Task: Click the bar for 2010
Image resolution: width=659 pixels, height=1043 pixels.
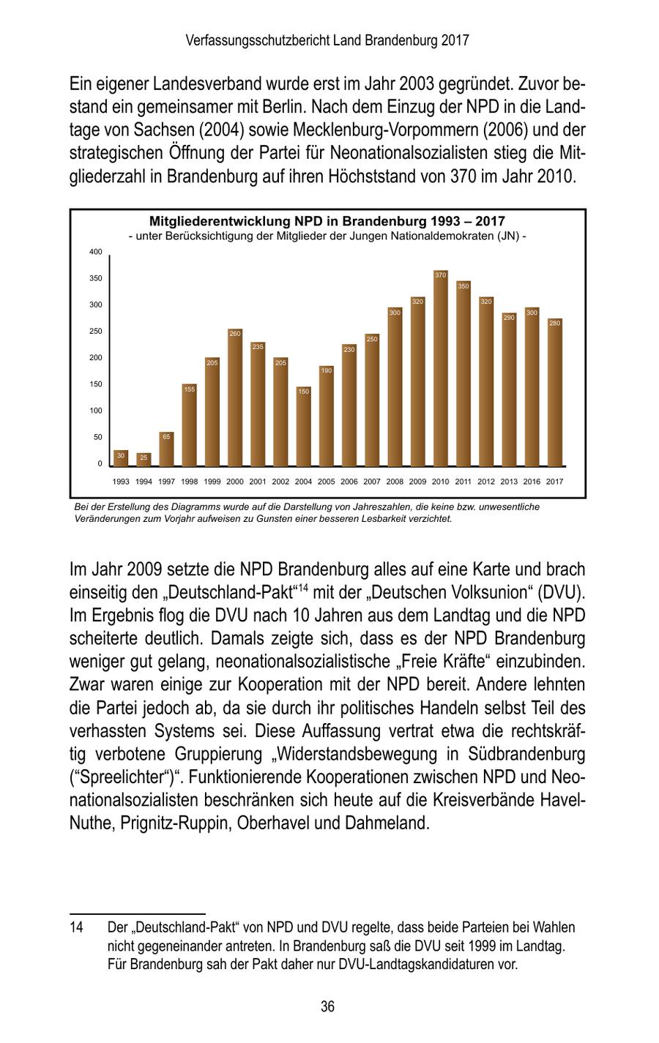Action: (440, 370)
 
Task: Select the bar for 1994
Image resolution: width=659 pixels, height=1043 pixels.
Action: (144, 460)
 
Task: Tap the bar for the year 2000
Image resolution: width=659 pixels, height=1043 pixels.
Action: (234, 399)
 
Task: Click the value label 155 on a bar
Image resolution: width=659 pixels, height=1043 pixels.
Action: (189, 389)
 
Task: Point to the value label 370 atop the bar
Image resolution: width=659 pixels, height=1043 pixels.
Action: (440, 274)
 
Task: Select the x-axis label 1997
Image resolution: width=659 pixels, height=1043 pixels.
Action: (166, 482)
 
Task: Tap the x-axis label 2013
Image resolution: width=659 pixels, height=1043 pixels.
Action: (509, 482)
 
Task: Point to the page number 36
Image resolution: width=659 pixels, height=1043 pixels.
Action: (327, 1007)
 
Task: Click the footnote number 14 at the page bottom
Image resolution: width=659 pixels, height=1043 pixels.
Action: (76, 927)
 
